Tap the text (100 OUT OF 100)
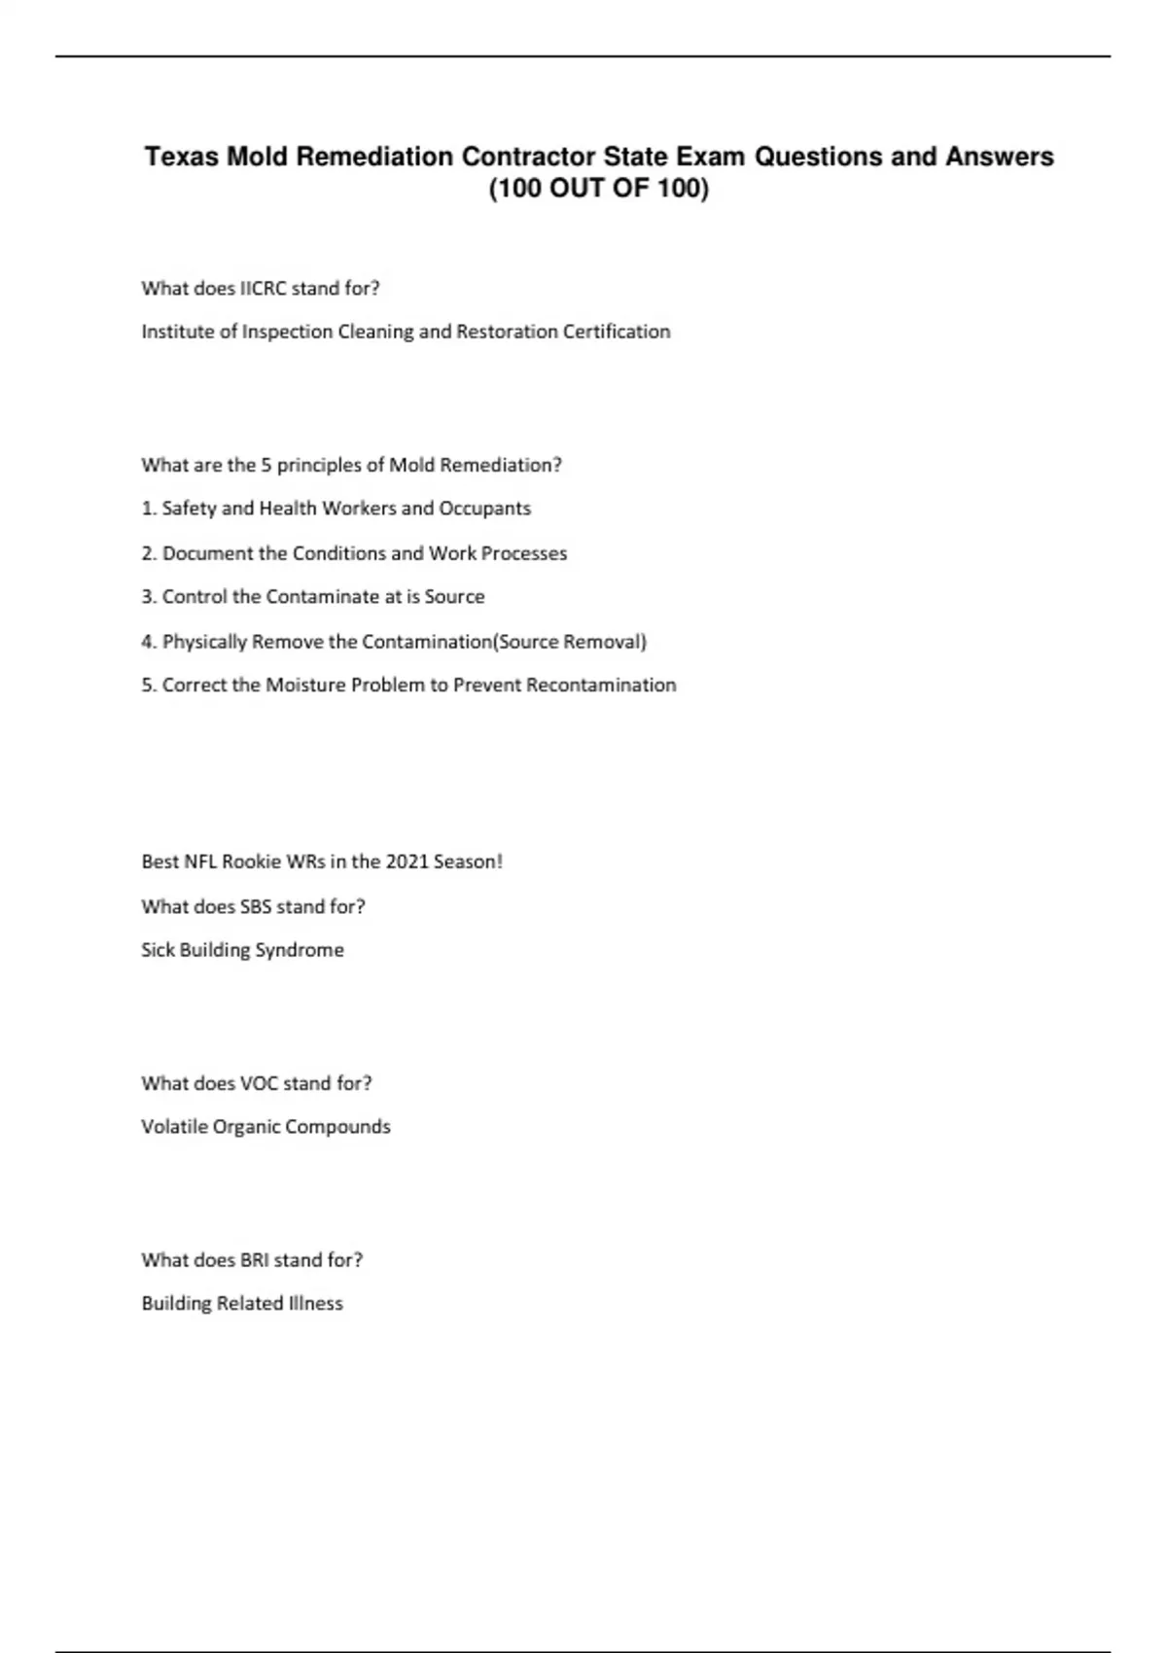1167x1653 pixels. [598, 188]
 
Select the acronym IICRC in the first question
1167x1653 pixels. [263, 288]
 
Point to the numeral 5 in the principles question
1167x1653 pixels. [265, 465]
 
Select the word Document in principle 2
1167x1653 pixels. [201, 553]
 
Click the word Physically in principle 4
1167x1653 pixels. [204, 642]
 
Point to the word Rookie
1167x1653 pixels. [252, 862]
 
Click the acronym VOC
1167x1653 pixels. [259, 1083]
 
